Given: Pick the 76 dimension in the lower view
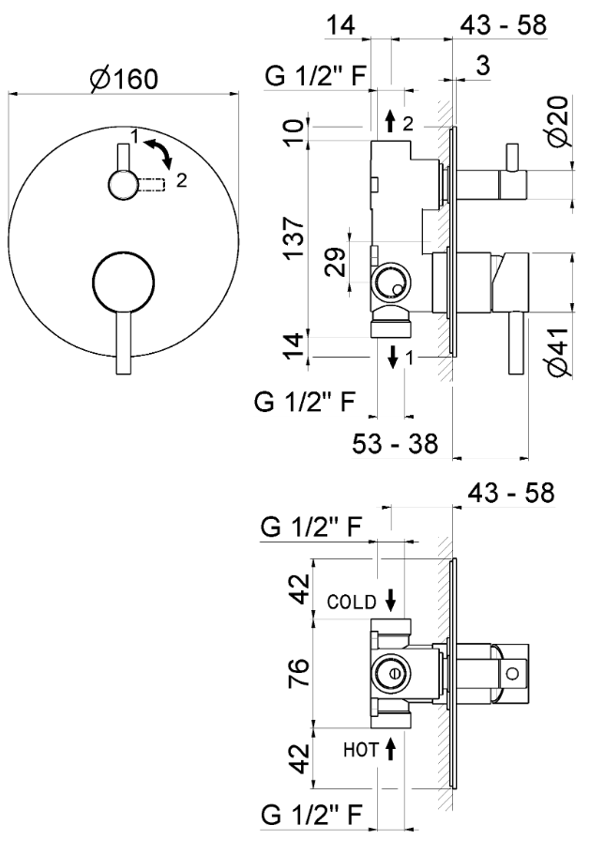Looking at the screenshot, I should click(x=299, y=673).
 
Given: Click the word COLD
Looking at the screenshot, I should click(x=352, y=601).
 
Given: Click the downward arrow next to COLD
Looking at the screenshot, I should click(x=390, y=601).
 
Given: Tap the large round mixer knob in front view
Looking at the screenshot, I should click(x=122, y=280).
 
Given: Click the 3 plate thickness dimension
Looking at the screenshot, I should click(x=481, y=66).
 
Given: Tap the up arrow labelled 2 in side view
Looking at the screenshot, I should click(x=390, y=120).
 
